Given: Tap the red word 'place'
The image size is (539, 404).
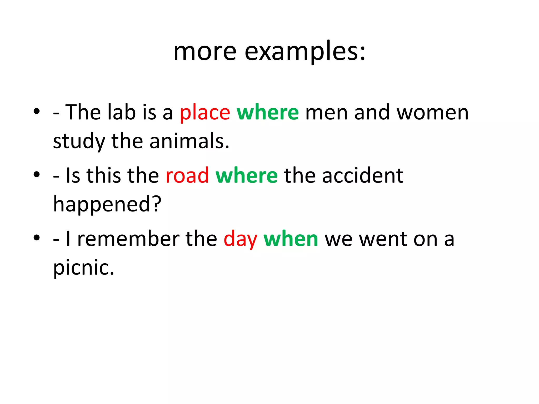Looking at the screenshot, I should (205, 113).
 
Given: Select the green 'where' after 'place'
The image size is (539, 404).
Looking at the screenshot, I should (268, 112).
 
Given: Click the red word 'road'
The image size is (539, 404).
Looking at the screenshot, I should (187, 175).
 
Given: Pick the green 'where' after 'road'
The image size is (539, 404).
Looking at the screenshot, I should (246, 175).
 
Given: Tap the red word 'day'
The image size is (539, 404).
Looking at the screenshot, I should (240, 239).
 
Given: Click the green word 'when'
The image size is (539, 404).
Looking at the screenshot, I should (291, 239).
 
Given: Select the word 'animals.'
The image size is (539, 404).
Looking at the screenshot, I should (189, 141).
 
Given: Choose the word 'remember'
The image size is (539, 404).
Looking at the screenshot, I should (128, 239).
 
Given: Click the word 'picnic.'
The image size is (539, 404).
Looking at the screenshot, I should (84, 268).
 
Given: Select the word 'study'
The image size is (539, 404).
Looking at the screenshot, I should (79, 142).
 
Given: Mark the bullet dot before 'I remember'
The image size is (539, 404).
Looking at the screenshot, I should (37, 238).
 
